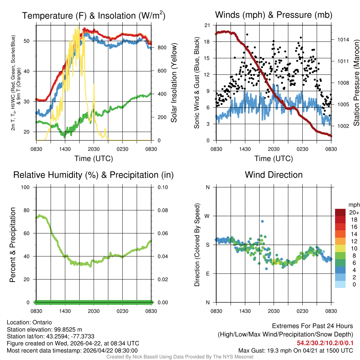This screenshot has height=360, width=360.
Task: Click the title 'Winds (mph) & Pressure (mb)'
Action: (274, 15)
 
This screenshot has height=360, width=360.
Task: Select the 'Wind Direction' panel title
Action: (274, 175)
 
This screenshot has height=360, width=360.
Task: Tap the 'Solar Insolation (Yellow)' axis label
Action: (174, 83)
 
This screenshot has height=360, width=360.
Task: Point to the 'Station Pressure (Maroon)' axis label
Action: (356, 83)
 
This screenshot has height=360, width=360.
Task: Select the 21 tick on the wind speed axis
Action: (207, 25)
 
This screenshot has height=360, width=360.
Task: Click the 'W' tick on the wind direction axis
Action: (207, 216)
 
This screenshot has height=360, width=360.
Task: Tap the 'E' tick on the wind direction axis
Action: (208, 274)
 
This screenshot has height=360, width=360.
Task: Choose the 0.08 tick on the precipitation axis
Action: (162, 210)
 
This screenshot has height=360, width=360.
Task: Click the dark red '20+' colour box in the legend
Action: (340, 212)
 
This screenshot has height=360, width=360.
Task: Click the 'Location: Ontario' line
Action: (29, 322)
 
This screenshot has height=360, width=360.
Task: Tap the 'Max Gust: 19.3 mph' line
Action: (295, 350)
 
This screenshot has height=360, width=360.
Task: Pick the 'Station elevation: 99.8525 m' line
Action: (44, 329)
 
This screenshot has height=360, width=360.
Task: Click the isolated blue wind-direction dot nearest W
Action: (262, 221)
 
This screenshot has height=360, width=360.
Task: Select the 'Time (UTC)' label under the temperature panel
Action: (94, 159)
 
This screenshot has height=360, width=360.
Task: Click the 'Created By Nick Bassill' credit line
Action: (180, 357)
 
